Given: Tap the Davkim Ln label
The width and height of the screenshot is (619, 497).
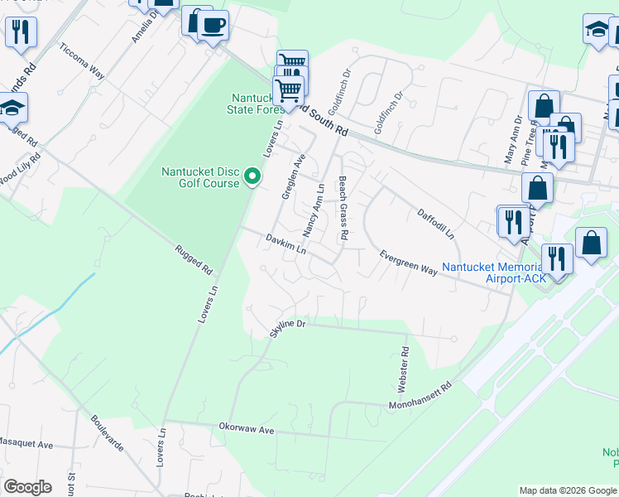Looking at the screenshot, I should tap(286, 244).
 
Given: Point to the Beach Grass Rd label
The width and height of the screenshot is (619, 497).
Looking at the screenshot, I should tap(342, 208).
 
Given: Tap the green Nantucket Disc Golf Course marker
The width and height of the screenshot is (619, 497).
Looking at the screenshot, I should tap(253, 176).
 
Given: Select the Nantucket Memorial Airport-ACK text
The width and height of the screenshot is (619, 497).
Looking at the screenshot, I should tap(493, 273).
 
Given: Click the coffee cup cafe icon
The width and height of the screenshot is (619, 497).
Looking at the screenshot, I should tap(214, 26).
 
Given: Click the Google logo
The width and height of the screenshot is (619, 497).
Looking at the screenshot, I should tap(27, 487).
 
